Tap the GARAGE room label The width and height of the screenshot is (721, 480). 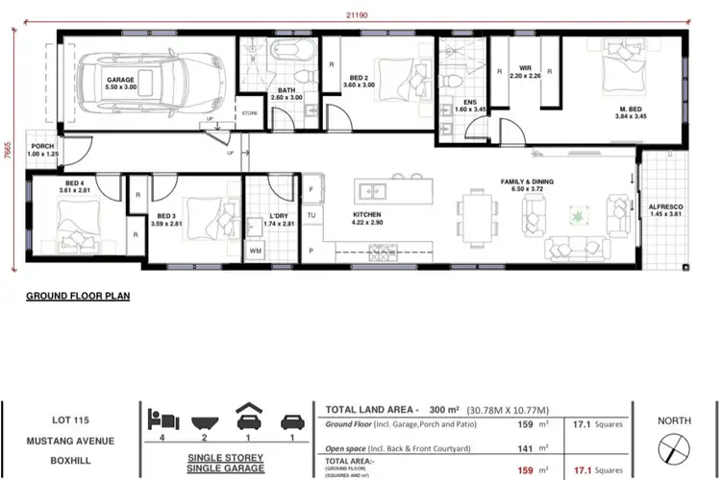pyautogui.click(x=120, y=82)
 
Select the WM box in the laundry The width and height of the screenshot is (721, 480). pyautogui.click(x=256, y=250)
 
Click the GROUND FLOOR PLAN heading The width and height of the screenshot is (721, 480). pyautogui.click(x=77, y=298)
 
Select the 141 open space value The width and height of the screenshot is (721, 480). pyautogui.click(x=527, y=447)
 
